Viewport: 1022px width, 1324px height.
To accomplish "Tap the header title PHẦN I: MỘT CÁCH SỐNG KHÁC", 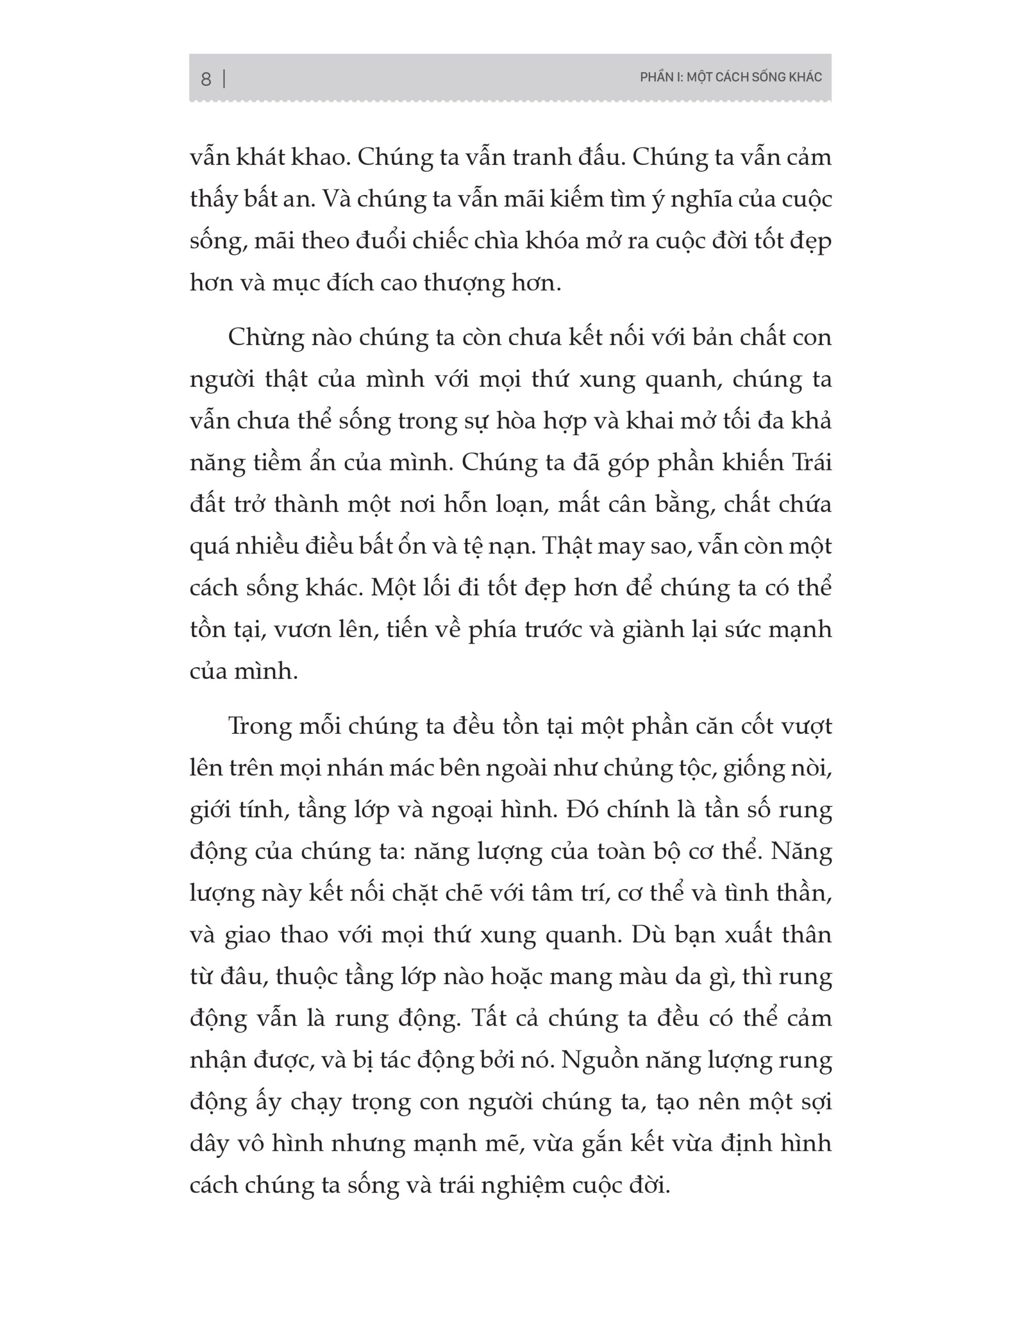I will click(x=731, y=78).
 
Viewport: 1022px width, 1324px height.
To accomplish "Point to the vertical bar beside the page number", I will click(x=224, y=79).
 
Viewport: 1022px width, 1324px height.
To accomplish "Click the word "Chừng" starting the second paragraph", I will click(x=264, y=338).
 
